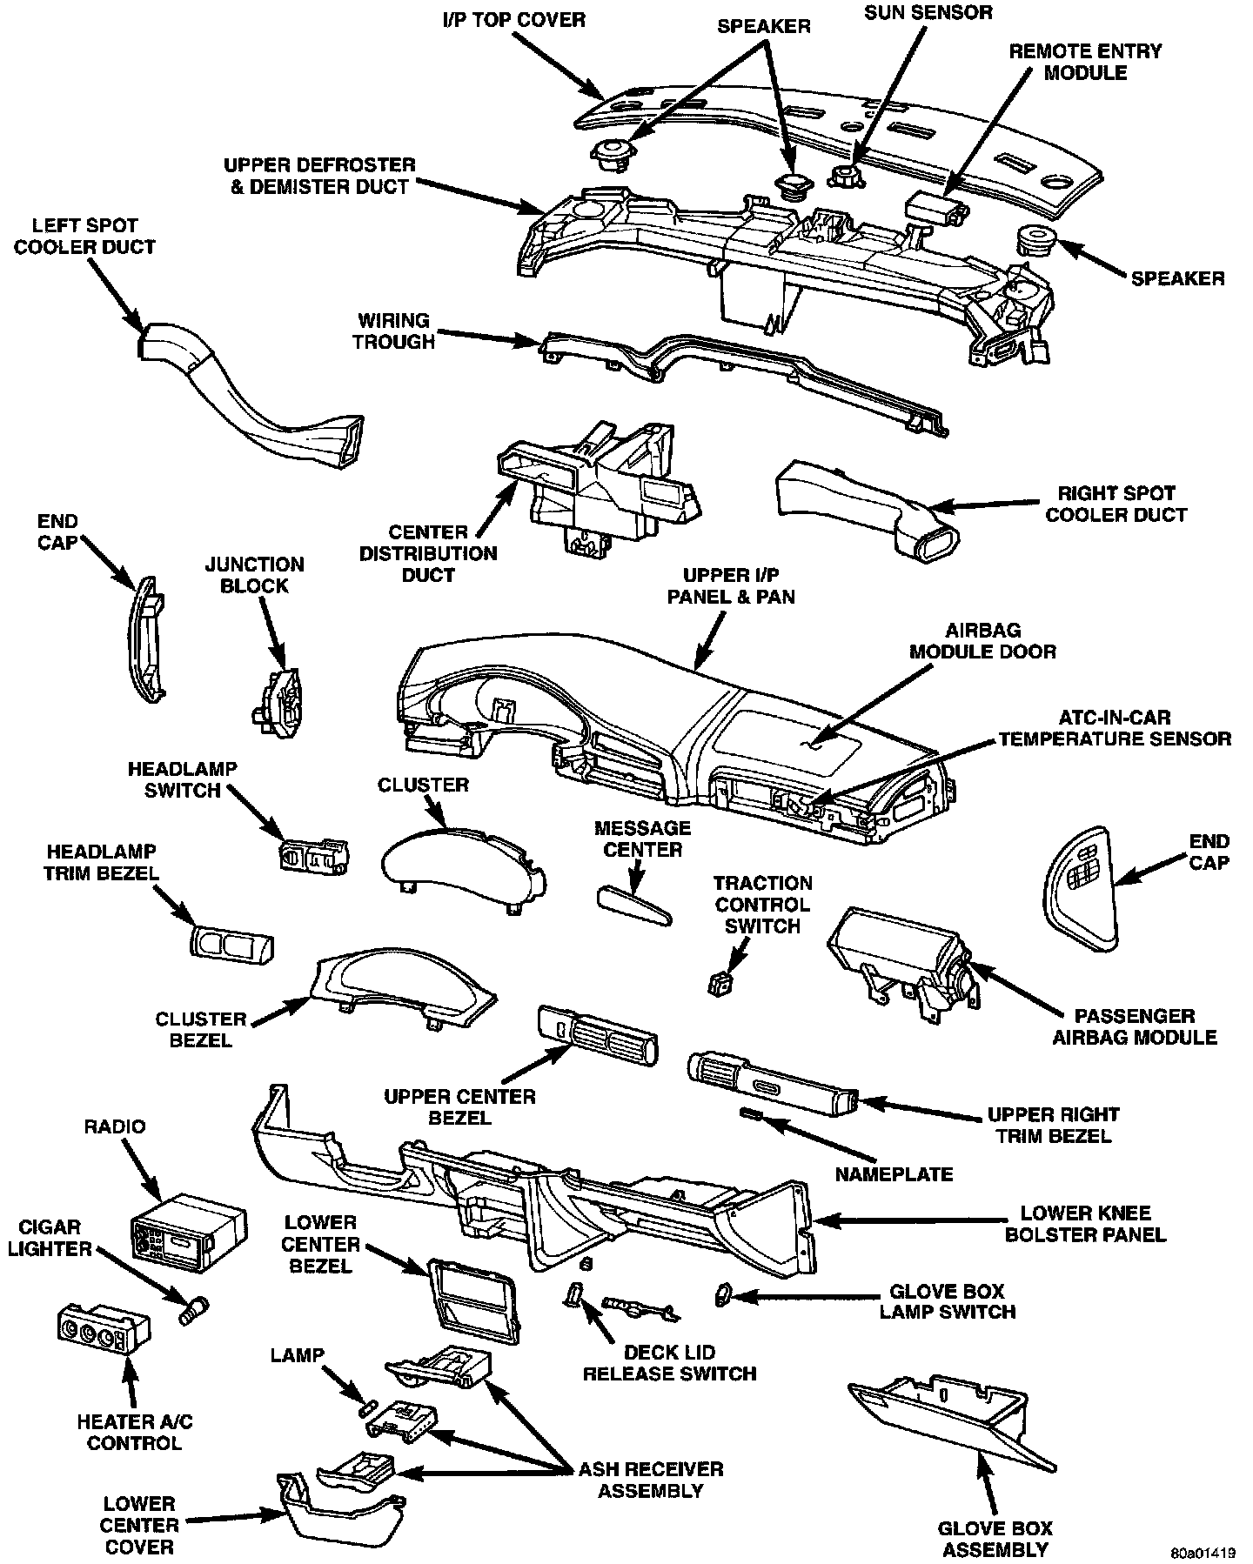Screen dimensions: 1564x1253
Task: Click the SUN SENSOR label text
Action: [x=928, y=13]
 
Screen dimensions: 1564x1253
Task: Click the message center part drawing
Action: [x=634, y=908]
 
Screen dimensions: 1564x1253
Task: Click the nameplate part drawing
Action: [x=751, y=1114]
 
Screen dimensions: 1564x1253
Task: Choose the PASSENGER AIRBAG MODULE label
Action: [x=1134, y=1026]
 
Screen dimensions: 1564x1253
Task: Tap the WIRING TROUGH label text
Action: [x=393, y=331]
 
